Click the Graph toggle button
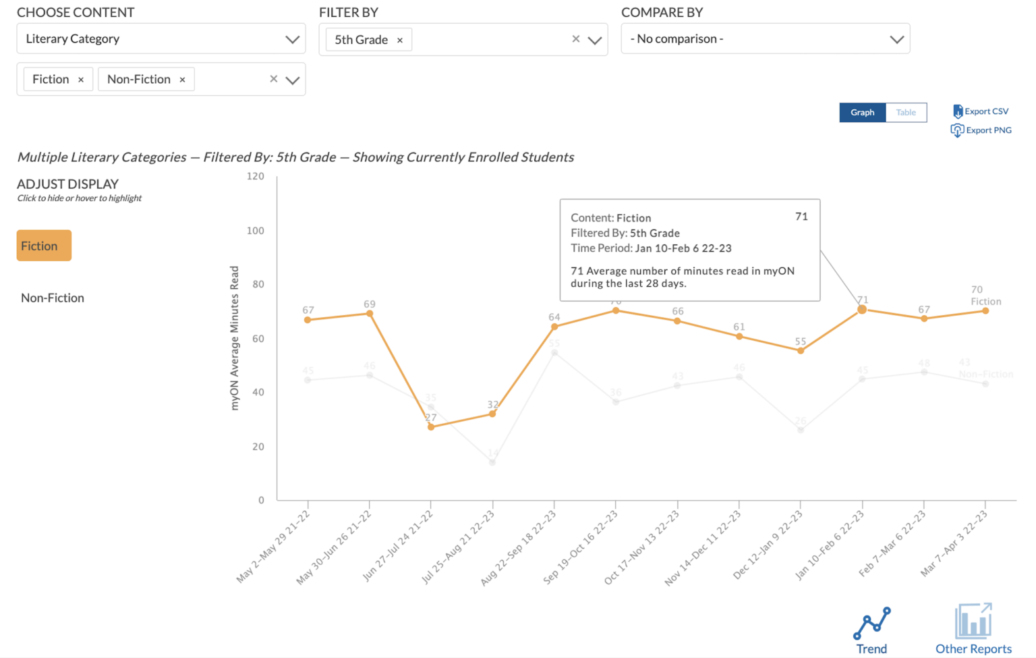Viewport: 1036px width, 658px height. tap(862, 112)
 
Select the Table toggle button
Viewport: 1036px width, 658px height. tap(906, 112)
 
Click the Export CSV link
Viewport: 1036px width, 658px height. tap(981, 111)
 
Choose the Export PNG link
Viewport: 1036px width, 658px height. tap(981, 130)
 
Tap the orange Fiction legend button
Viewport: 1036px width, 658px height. tap(44, 246)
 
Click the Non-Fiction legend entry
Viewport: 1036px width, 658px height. tap(53, 298)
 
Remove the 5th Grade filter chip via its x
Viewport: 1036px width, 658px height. tap(400, 40)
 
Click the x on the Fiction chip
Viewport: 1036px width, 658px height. tap(81, 80)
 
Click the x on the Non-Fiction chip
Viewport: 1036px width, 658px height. tap(182, 80)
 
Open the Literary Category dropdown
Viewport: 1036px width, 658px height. tap(161, 39)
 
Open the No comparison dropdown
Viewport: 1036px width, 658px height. tap(765, 39)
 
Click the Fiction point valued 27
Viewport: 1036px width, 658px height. tap(431, 427)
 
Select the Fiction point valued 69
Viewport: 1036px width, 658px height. tap(370, 313)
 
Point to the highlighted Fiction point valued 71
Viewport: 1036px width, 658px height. tap(862, 310)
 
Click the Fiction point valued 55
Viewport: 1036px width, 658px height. tap(801, 351)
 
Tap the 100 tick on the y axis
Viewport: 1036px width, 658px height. tap(256, 231)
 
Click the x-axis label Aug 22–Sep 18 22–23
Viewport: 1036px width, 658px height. tap(518, 548)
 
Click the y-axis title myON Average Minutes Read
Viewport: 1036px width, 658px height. tap(235, 337)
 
